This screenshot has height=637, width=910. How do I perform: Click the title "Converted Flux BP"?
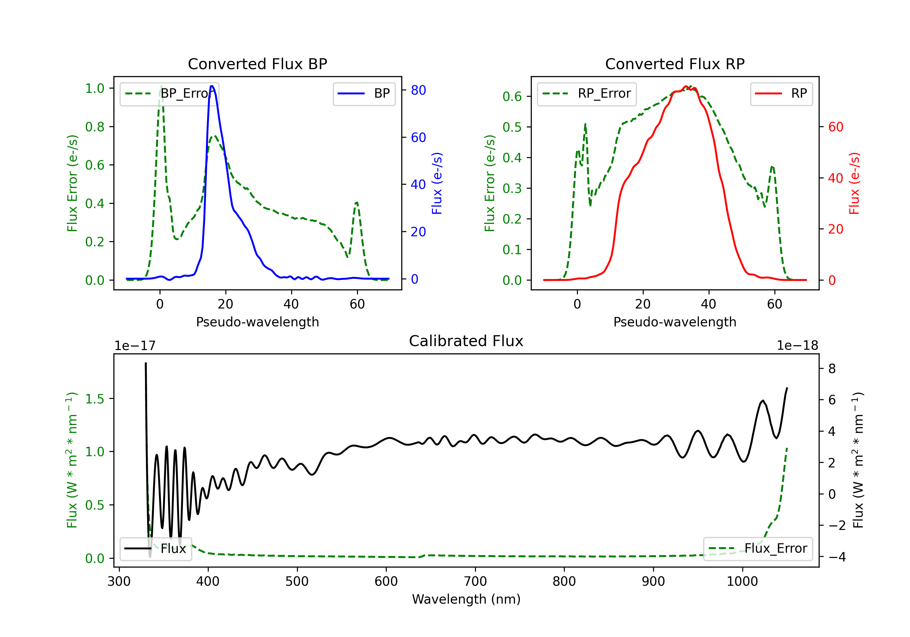[257, 64]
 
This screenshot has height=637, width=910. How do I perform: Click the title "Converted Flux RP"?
[675, 64]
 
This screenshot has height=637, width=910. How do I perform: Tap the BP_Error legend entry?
[170, 93]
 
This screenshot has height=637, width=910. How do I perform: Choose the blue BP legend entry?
[364, 93]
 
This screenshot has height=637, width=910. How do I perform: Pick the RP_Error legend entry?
[587, 93]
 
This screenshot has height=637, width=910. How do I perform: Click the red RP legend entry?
[781, 93]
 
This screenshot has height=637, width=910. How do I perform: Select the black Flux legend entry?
[155, 549]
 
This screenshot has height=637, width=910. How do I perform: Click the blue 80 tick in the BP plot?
[418, 90]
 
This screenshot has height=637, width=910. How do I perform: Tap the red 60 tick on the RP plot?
[835, 127]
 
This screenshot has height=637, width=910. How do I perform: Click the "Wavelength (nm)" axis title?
[466, 599]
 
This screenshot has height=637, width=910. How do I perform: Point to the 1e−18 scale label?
[797, 346]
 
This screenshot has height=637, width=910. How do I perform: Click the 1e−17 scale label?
[135, 346]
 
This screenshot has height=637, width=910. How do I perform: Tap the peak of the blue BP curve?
[212, 86]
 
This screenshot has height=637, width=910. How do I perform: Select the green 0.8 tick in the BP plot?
[95, 127]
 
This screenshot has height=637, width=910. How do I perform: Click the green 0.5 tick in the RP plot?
[512, 127]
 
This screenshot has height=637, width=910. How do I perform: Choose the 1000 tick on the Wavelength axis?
[742, 581]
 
